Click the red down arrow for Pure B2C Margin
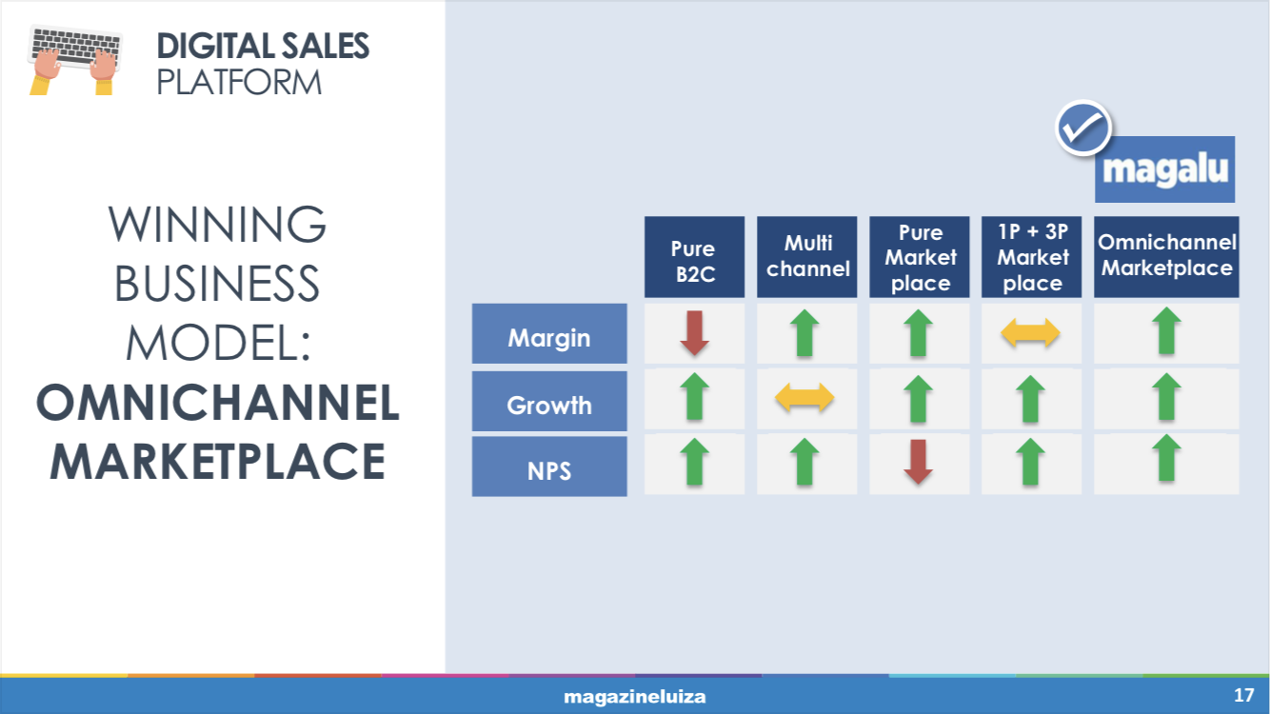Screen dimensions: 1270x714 tap(694, 333)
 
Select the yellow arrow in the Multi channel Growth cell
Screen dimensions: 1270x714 tap(804, 397)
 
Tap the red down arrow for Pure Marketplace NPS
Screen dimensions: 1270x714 tap(918, 462)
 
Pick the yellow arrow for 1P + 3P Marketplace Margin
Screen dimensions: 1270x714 tap(1030, 333)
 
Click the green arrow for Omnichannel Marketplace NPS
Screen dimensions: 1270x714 tap(1166, 458)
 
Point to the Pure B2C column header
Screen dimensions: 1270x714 tap(695, 257)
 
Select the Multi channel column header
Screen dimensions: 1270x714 tap(806, 257)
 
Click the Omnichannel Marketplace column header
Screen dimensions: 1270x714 tap(1166, 257)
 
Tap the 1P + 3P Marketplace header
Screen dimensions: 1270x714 tap(1031, 257)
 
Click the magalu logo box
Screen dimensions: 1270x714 tap(1165, 169)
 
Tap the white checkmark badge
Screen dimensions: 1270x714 tap(1082, 128)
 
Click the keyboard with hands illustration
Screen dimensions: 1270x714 tap(75, 60)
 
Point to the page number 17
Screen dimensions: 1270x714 tap(1244, 695)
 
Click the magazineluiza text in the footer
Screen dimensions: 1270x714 tap(634, 697)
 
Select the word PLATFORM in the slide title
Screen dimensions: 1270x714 tap(239, 83)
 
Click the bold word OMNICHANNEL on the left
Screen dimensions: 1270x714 tap(218, 402)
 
